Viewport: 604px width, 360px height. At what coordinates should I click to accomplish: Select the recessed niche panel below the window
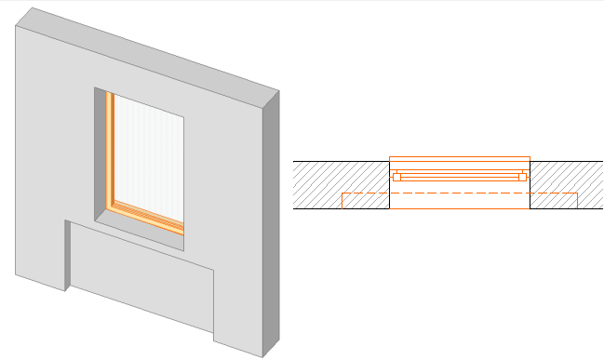point(144,279)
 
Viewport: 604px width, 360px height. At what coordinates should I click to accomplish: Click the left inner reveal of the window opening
point(101,149)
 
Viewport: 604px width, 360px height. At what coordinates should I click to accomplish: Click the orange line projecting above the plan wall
point(460,157)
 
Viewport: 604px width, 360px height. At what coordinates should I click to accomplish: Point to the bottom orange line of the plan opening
point(460,209)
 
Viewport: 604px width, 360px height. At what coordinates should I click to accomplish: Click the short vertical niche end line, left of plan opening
point(342,201)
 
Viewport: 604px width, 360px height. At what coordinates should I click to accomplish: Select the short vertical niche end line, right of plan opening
point(578,201)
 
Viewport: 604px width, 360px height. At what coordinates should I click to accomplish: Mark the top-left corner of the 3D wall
point(16,26)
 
